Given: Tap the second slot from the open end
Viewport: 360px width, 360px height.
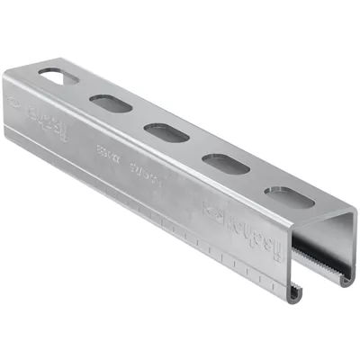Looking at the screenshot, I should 225,165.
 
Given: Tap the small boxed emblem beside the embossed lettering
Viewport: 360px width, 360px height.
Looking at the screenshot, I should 215,213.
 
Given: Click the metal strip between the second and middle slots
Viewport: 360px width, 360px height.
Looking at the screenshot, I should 197,150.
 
